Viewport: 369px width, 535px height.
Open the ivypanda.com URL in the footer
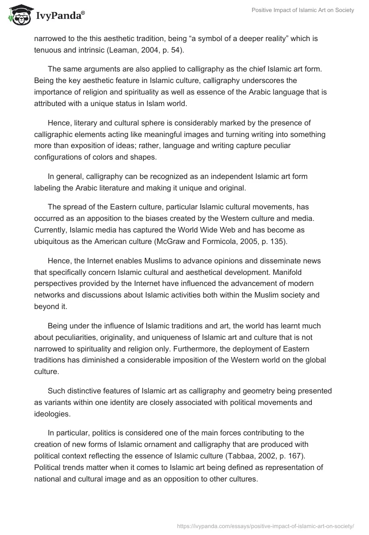click(x=266, y=525)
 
